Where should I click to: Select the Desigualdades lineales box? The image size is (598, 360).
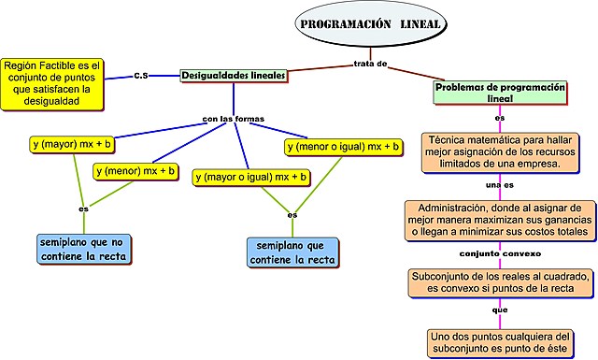click(x=233, y=74)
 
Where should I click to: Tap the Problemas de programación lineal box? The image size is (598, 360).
click(x=500, y=91)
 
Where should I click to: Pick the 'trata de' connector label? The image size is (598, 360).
click(x=370, y=64)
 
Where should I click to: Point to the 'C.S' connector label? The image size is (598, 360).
click(x=141, y=75)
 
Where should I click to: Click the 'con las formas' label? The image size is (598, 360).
click(x=234, y=119)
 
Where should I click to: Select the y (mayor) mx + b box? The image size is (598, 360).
click(x=72, y=144)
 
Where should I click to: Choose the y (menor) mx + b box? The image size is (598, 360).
click(x=136, y=171)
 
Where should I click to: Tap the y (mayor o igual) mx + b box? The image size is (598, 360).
click(x=250, y=176)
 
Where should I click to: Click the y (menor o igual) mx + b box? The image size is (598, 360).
click(x=343, y=147)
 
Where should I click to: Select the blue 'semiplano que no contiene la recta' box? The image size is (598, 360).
click(x=84, y=247)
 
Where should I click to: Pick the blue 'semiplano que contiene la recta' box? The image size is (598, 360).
click(x=292, y=252)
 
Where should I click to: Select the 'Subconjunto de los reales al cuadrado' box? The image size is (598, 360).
click(x=501, y=282)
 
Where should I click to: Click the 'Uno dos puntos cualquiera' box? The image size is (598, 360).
click(x=500, y=341)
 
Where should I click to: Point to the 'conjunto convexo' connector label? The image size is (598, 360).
click(x=500, y=253)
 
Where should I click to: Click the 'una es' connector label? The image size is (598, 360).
click(x=500, y=185)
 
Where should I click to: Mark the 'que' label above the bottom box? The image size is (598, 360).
click(x=500, y=310)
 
